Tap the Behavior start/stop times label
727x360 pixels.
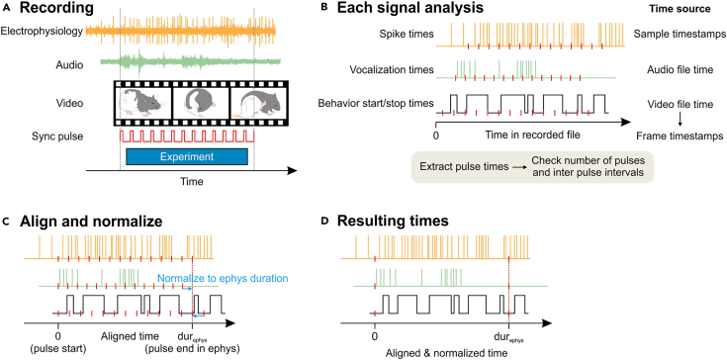click(372, 103)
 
